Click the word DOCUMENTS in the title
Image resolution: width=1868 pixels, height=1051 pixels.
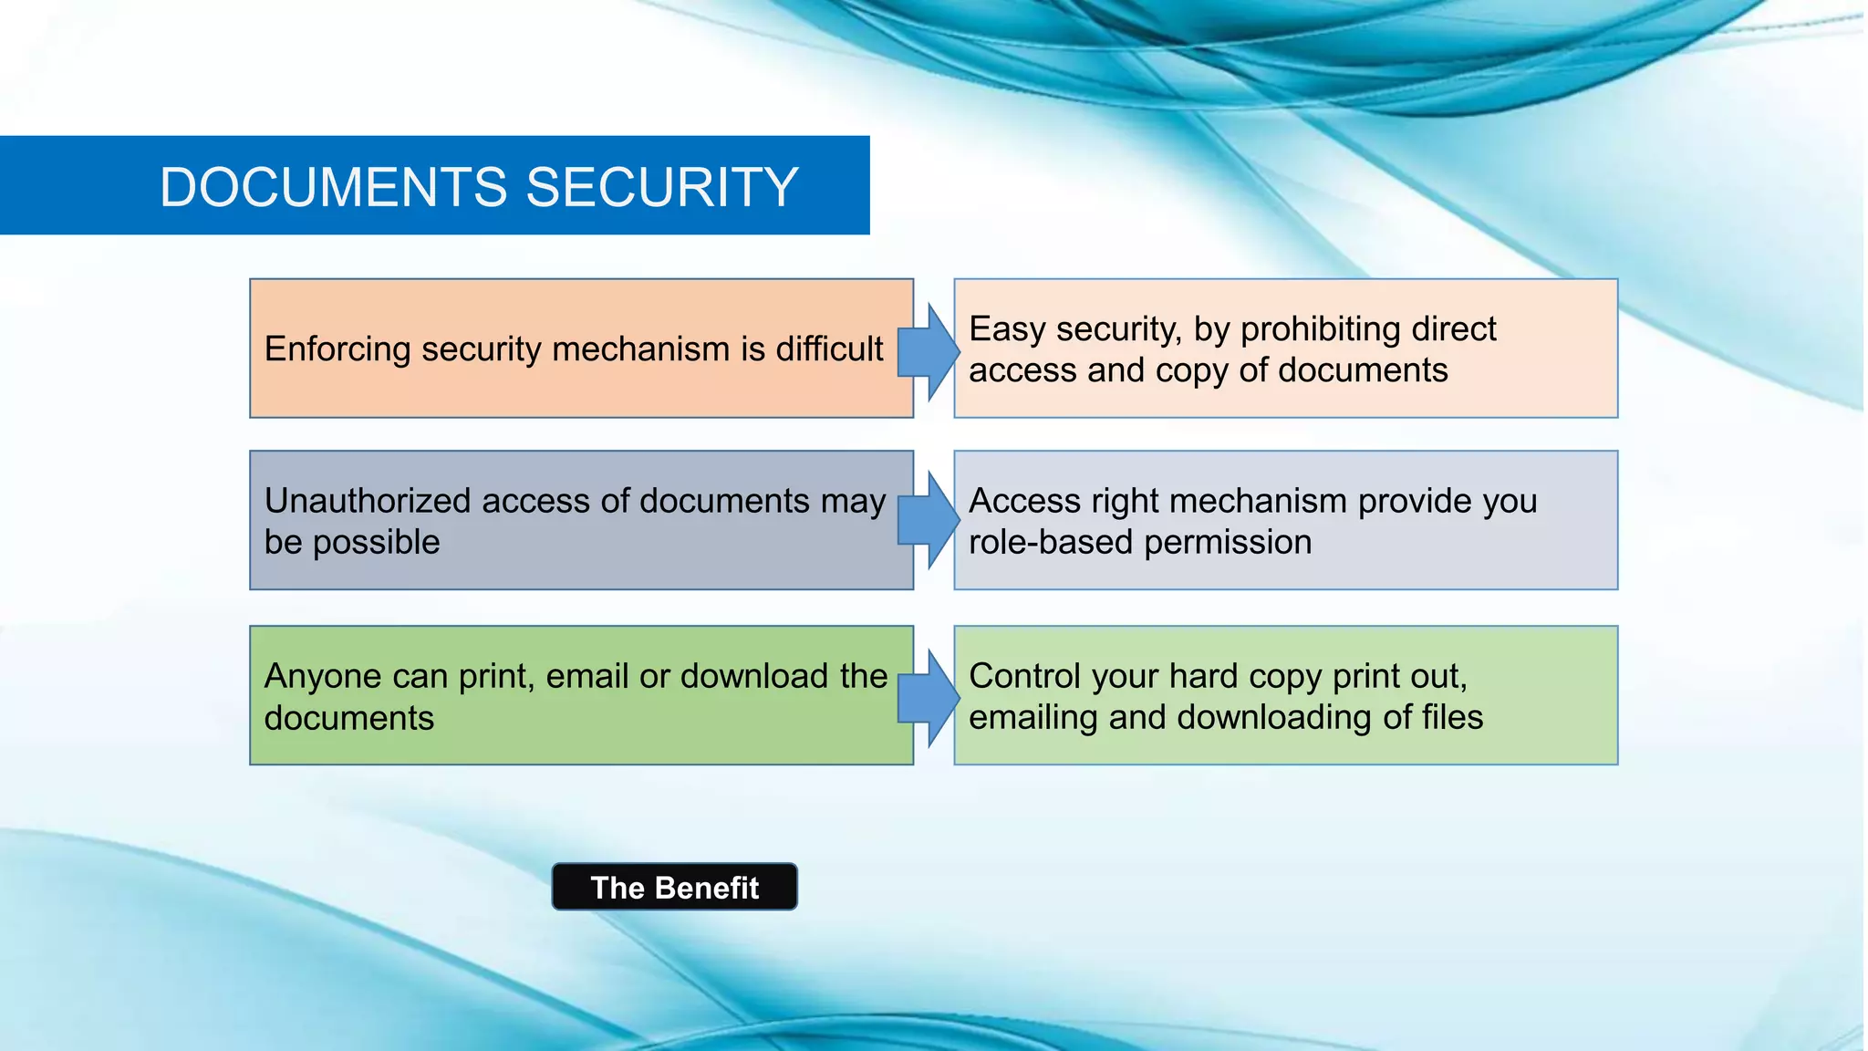[335, 187]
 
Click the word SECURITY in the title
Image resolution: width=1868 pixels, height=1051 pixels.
[662, 187]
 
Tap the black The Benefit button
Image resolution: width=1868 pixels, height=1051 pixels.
[674, 887]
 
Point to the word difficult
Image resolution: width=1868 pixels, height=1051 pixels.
[829, 349]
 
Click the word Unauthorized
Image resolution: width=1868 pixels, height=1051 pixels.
[368, 501]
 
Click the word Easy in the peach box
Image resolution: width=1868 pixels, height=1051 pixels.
[1007, 329]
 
